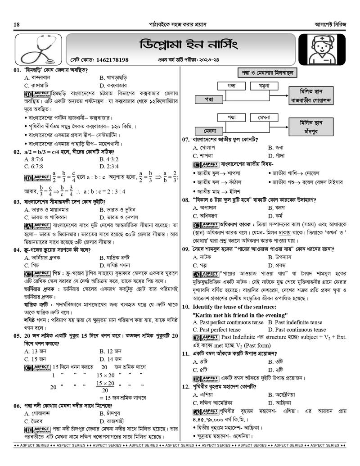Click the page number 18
coord(17,24)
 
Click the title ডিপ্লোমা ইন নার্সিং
coord(185,44)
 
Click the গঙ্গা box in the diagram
coord(231,85)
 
